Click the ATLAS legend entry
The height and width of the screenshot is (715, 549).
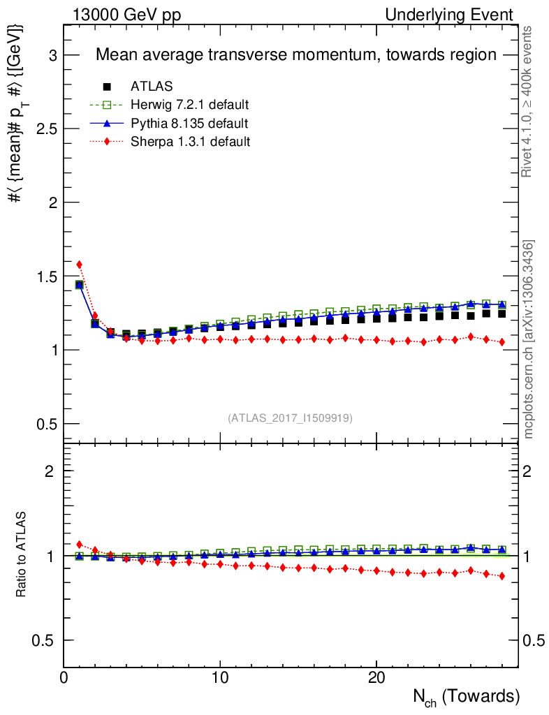point(152,87)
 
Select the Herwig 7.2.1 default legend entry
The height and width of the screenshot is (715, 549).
point(190,105)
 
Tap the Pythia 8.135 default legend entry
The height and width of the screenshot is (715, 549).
point(189,124)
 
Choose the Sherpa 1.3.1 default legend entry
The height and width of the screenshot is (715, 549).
point(190,142)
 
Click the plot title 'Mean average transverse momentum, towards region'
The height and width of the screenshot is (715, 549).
point(295,54)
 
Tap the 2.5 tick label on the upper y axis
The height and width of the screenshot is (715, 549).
point(47,128)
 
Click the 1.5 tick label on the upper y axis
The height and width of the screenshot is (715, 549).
point(47,276)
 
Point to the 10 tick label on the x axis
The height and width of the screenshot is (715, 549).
point(220,678)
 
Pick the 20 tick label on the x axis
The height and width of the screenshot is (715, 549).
point(376,678)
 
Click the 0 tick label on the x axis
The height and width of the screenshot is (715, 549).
point(64,678)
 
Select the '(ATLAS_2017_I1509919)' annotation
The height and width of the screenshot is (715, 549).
point(290,418)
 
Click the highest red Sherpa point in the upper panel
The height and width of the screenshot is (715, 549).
point(80,265)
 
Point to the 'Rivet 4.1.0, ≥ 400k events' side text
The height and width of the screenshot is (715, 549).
point(529,102)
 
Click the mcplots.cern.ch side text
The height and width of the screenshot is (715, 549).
point(529,339)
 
